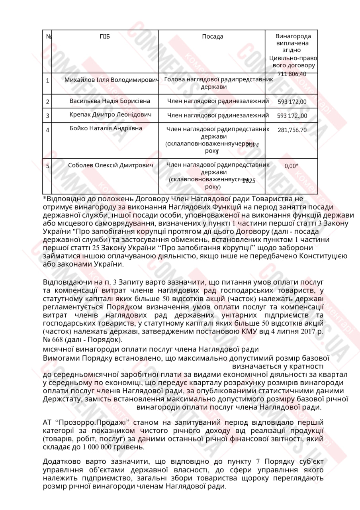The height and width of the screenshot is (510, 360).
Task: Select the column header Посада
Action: (212, 37)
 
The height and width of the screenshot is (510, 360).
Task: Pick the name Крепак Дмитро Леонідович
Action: (110, 115)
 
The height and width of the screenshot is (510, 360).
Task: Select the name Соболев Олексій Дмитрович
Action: (110, 165)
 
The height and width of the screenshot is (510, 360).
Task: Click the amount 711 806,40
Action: (292, 74)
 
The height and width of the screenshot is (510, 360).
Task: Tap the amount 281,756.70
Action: (292, 130)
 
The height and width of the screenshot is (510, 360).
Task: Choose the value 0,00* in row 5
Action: (291, 166)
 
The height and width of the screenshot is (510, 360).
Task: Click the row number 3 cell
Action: (48, 116)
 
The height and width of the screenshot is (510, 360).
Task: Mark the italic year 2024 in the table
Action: (252, 145)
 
